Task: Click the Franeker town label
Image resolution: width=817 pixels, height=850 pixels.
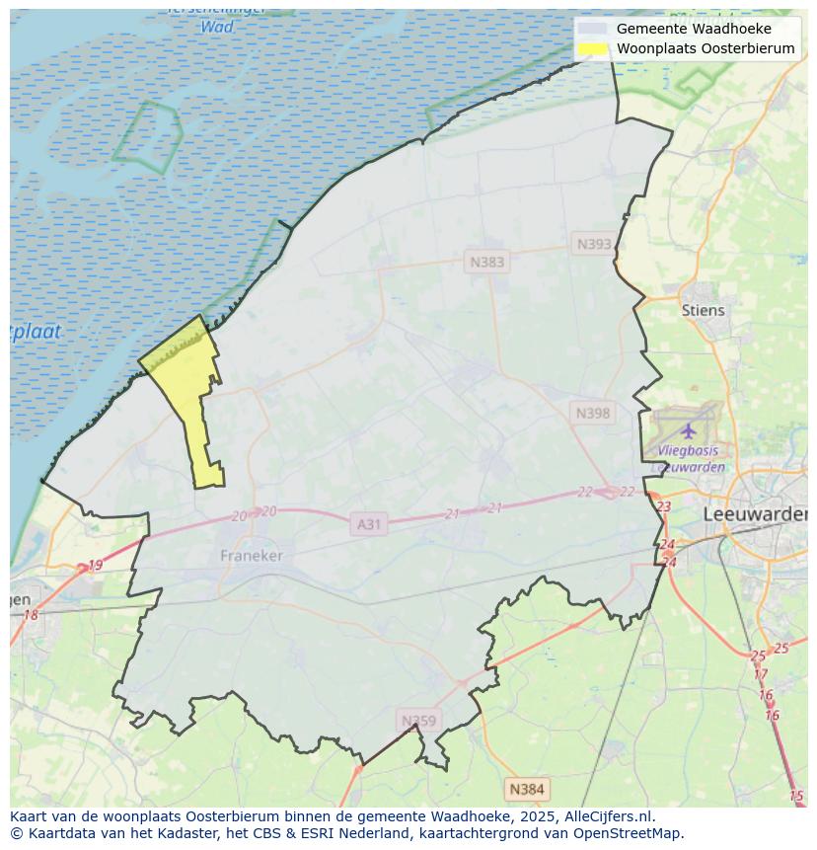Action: coord(251,556)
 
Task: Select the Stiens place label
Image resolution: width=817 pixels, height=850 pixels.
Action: coord(703,310)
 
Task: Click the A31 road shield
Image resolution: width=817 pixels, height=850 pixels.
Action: coord(368,524)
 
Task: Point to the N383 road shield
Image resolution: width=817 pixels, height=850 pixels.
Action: coord(486,262)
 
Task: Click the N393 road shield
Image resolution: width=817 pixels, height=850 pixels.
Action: coord(594,244)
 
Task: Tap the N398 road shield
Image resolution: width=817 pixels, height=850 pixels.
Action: coord(593,413)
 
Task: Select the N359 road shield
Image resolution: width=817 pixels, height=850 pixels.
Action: coord(418,721)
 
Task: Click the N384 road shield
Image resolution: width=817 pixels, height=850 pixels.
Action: coord(526,789)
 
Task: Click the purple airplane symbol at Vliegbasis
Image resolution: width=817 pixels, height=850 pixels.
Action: coord(688,430)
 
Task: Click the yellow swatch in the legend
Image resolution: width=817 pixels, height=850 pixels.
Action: coord(592,48)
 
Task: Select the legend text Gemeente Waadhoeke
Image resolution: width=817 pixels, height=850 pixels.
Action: coord(694,29)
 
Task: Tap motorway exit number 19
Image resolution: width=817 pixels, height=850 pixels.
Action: coord(95,566)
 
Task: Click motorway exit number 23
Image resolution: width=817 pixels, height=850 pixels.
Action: coord(663,506)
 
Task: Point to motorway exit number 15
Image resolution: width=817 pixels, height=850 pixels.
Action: coord(796,796)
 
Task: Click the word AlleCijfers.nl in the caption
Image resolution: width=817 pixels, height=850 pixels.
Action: coord(609,816)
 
